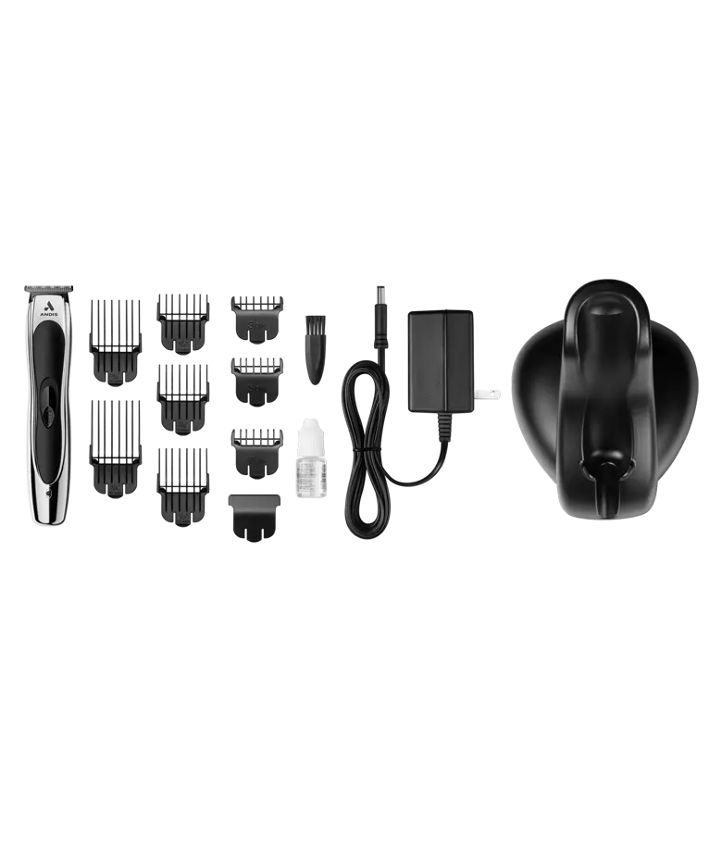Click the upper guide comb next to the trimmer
tap(115, 339)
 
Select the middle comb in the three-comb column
tap(185, 396)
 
